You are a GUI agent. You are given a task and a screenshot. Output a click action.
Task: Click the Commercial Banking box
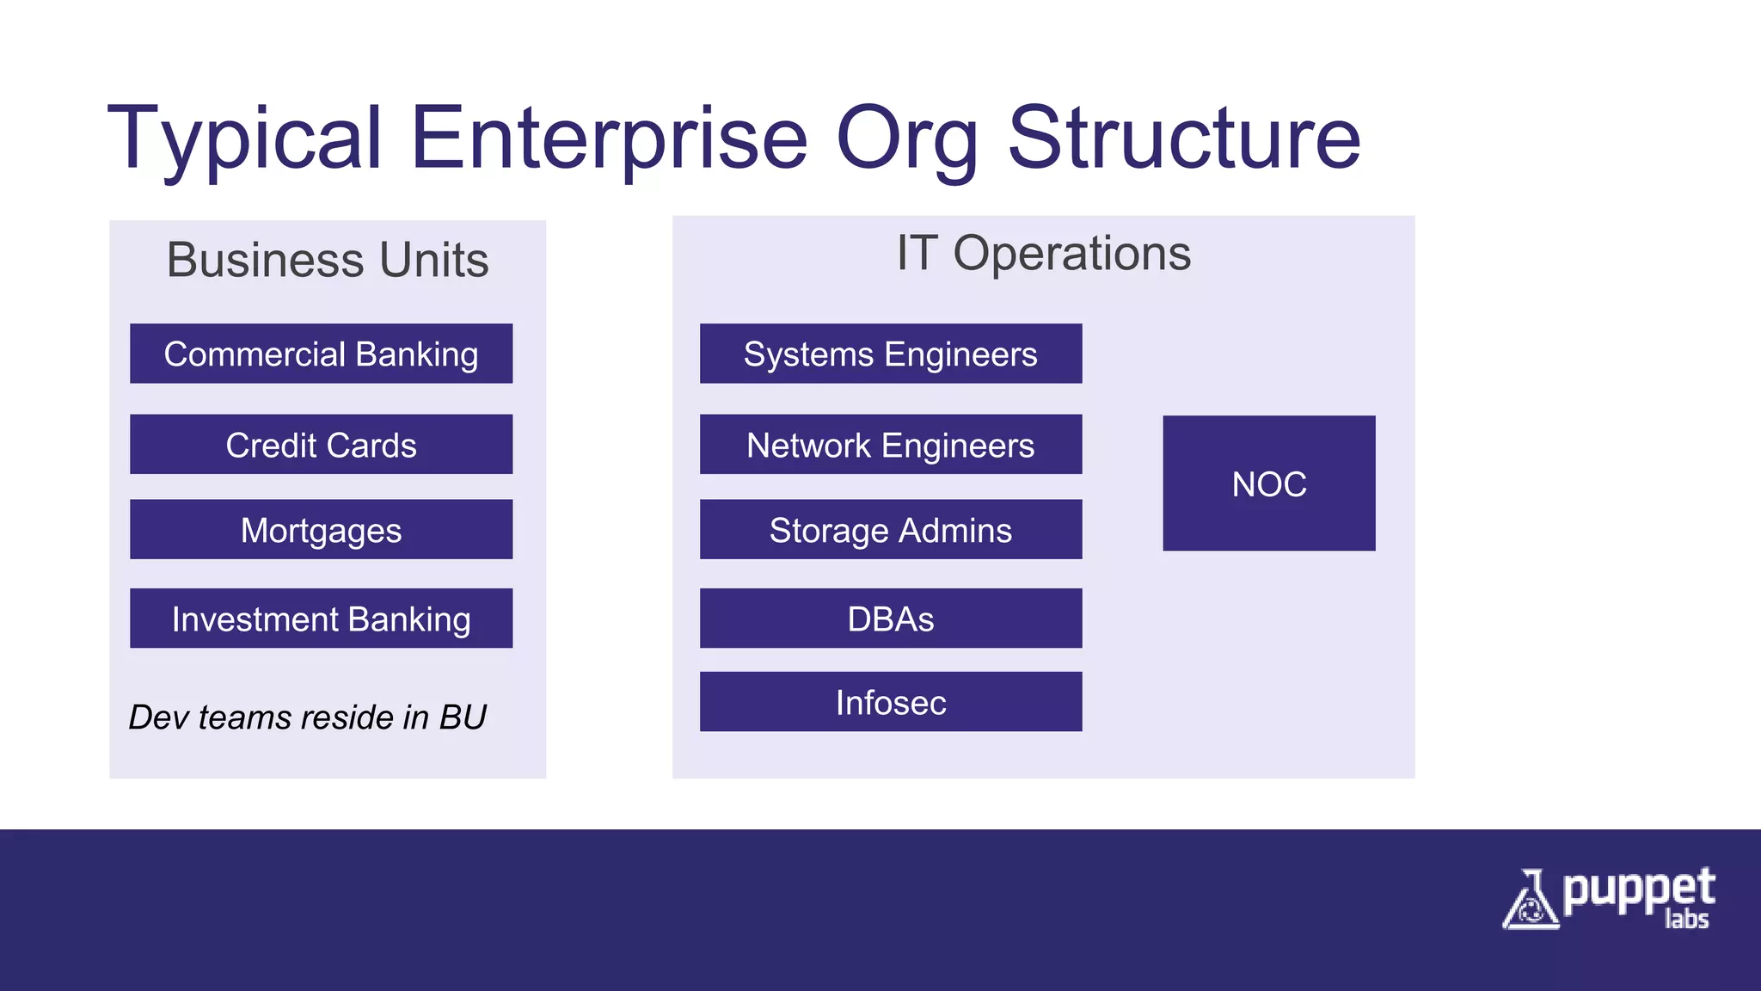point(321,354)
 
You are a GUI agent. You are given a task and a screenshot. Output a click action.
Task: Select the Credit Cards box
point(321,445)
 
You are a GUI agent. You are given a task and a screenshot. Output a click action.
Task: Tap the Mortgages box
point(321,530)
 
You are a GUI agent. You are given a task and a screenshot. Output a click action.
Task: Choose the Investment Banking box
point(321,619)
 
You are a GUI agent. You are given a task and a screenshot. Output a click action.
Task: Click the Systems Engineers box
point(890,354)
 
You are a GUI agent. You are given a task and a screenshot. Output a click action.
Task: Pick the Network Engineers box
point(890,445)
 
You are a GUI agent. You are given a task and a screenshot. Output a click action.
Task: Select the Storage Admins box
point(890,530)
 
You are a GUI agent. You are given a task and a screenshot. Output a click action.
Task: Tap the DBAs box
point(890,619)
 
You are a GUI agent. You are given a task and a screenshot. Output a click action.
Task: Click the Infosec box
point(890,702)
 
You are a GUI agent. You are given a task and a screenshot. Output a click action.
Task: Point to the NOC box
point(1268,483)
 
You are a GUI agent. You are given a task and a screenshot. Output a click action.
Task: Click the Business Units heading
point(328,260)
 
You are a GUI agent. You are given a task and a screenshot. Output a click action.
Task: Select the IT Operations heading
point(1043,253)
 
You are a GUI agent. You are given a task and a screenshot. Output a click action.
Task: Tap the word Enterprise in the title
point(609,138)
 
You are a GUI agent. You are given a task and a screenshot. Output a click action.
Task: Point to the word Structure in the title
point(1184,138)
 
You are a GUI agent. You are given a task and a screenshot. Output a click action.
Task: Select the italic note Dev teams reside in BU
point(307,717)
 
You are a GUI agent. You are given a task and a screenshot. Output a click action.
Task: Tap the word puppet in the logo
point(1638,891)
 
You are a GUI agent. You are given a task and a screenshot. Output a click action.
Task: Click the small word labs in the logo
point(1686,920)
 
